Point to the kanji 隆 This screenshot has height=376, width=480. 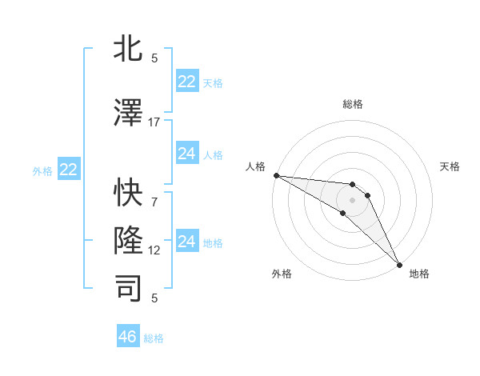[x=129, y=239]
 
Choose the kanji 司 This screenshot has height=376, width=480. [x=129, y=288]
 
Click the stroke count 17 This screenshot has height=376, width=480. [x=154, y=122]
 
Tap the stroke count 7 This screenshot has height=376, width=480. [x=154, y=193]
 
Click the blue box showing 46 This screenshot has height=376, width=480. [x=128, y=337]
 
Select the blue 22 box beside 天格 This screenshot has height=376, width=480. [x=187, y=82]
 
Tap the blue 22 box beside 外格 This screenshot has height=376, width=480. [x=69, y=170]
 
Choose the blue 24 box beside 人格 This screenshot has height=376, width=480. [x=187, y=154]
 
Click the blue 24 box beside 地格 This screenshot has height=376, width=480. [x=187, y=242]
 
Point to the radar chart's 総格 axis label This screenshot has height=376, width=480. [x=352, y=104]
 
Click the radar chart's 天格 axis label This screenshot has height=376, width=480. [x=450, y=166]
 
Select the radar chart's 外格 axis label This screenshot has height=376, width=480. [x=282, y=274]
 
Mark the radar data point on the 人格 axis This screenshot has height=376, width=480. [x=276, y=175]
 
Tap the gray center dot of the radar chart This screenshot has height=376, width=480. [x=352, y=200]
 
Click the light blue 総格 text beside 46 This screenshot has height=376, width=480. [x=154, y=338]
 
